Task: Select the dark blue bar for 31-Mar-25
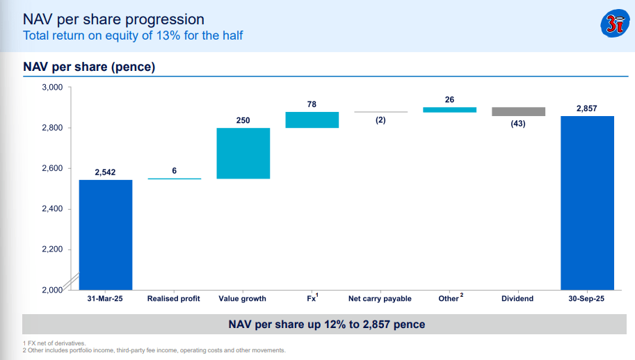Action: click(x=105, y=234)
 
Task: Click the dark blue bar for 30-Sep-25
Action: click(x=587, y=202)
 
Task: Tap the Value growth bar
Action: click(x=243, y=154)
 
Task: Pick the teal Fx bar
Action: click(x=312, y=120)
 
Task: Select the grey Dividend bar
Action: click(x=518, y=112)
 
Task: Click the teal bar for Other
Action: click(x=449, y=110)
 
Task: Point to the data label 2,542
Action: click(x=105, y=172)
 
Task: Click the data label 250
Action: click(x=243, y=120)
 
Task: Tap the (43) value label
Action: click(x=518, y=124)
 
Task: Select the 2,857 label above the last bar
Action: click(x=587, y=108)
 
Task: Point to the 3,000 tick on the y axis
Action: click(x=52, y=88)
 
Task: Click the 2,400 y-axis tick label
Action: click(x=52, y=208)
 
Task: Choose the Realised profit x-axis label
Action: click(x=173, y=299)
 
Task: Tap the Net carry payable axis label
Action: click(x=380, y=299)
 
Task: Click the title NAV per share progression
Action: click(x=114, y=19)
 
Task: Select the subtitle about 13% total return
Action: click(x=133, y=35)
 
